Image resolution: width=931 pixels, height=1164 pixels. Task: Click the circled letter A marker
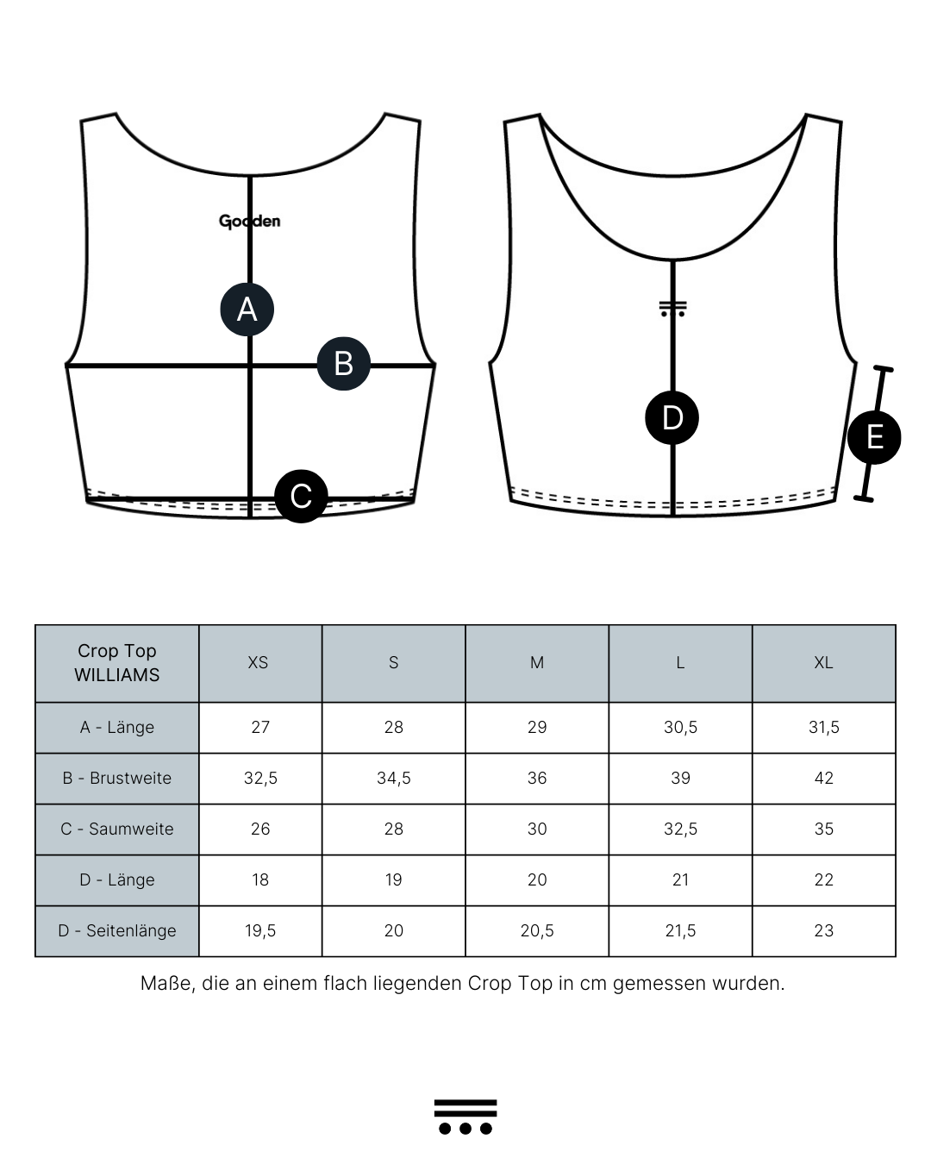point(247,309)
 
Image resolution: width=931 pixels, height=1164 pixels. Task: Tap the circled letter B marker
point(344,363)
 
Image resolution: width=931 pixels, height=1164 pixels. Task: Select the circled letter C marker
point(301,496)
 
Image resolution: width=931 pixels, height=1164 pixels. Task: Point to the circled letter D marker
point(672,418)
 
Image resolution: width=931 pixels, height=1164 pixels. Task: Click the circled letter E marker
point(874,437)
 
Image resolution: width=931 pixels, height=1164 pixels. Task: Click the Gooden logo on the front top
point(249,222)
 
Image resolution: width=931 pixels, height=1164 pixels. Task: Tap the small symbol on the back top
point(672,309)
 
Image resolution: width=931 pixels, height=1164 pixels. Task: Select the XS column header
point(258,662)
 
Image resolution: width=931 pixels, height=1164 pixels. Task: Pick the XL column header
point(823,662)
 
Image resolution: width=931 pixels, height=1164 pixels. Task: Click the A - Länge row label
point(117,727)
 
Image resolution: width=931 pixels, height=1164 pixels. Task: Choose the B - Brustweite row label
point(117,778)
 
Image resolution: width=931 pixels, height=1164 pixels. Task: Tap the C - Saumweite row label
point(117,829)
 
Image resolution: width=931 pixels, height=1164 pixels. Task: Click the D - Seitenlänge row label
point(117,930)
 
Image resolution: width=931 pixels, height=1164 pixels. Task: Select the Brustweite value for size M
point(537,778)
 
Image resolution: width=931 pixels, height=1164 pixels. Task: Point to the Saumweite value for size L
point(680,829)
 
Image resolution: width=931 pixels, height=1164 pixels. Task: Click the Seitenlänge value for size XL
point(823,930)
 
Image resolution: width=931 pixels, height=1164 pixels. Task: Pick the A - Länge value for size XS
point(260,727)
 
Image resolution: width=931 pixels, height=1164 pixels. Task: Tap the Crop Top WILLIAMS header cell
point(117,663)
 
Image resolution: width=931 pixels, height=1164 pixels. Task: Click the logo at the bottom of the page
point(465,1117)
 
